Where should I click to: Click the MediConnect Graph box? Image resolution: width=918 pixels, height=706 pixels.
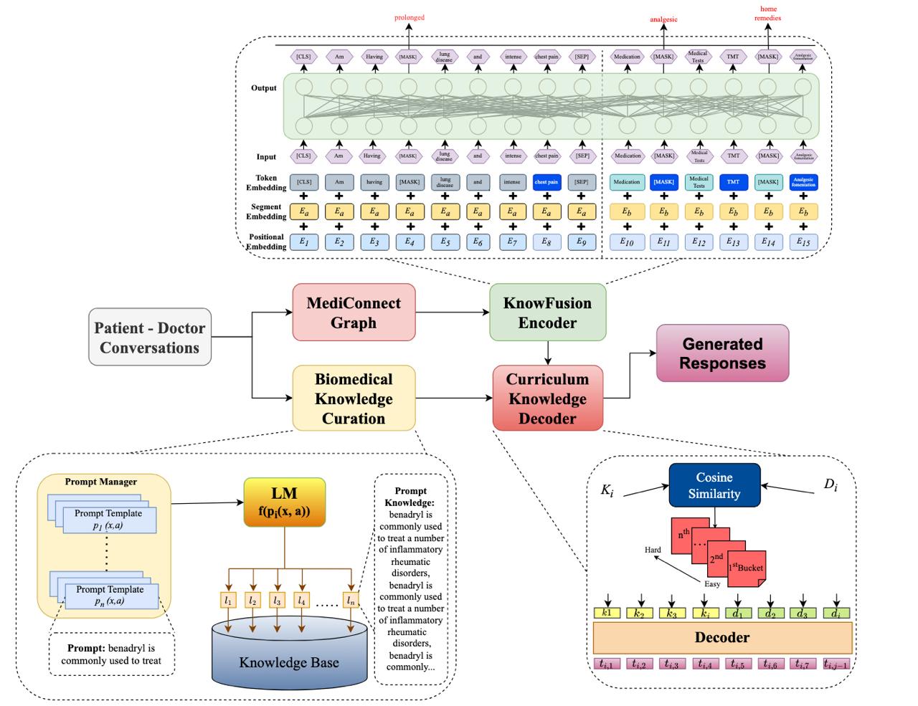tap(354, 313)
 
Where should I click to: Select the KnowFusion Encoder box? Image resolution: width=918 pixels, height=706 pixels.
tap(547, 313)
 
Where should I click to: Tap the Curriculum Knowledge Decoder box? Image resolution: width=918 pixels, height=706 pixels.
tap(547, 399)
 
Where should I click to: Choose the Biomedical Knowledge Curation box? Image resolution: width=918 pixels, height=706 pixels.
tap(354, 399)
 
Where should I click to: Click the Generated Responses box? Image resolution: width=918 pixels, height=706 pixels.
tap(722, 353)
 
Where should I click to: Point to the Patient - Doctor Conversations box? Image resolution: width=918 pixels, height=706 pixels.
tap(149, 338)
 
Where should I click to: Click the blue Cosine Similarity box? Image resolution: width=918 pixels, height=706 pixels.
tap(714, 485)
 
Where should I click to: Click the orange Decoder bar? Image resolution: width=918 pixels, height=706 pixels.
tap(722, 637)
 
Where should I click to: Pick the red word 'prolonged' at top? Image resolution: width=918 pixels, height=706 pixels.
tap(410, 17)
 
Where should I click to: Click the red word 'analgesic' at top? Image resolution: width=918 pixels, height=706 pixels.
tap(663, 19)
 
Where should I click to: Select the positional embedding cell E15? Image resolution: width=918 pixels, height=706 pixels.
tap(803, 242)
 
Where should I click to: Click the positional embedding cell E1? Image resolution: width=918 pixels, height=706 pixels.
tap(304, 242)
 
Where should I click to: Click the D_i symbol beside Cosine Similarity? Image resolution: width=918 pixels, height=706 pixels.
tap(830, 485)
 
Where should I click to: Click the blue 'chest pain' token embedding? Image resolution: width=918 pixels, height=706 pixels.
tap(546, 182)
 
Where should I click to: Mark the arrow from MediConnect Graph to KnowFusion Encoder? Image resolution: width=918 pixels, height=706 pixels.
tap(452, 313)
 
